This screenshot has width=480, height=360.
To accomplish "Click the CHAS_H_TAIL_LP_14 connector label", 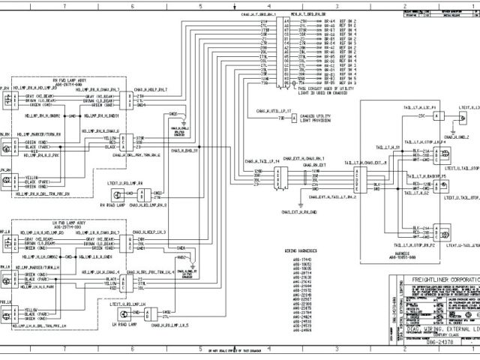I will click(x=262, y=160).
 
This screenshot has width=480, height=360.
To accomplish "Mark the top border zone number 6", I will click(x=132, y=6).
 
